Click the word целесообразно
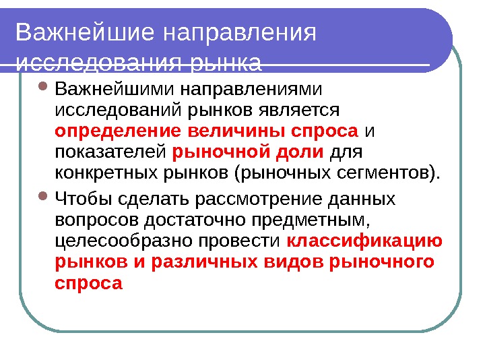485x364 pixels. click(x=108, y=241)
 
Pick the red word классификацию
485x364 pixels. click(x=364, y=241)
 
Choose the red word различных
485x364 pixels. click(x=202, y=262)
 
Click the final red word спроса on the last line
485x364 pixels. click(x=88, y=284)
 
